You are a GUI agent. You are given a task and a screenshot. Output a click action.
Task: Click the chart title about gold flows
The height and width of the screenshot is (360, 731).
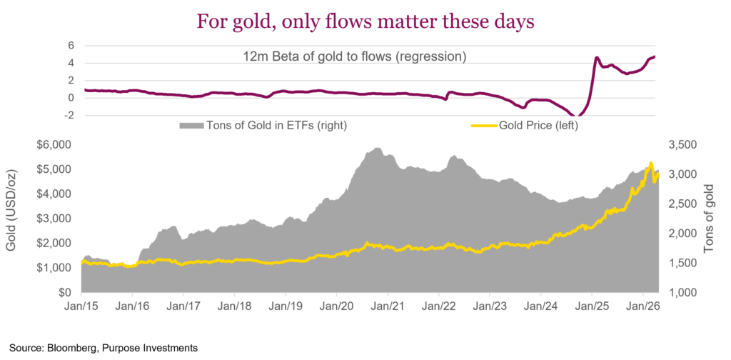365,21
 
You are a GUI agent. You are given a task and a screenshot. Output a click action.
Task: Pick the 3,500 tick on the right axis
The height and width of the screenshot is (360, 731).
681,145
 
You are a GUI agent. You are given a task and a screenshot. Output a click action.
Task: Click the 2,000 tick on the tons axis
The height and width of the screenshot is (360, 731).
681,234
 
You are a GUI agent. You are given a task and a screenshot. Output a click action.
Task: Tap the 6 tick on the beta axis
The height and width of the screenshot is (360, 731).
71,45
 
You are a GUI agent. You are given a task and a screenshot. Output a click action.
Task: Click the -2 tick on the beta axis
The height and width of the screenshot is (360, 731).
69,116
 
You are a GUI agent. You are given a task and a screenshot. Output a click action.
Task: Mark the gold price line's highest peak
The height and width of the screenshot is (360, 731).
650,163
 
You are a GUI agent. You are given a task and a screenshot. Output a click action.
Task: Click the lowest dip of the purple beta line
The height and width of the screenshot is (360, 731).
578,116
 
